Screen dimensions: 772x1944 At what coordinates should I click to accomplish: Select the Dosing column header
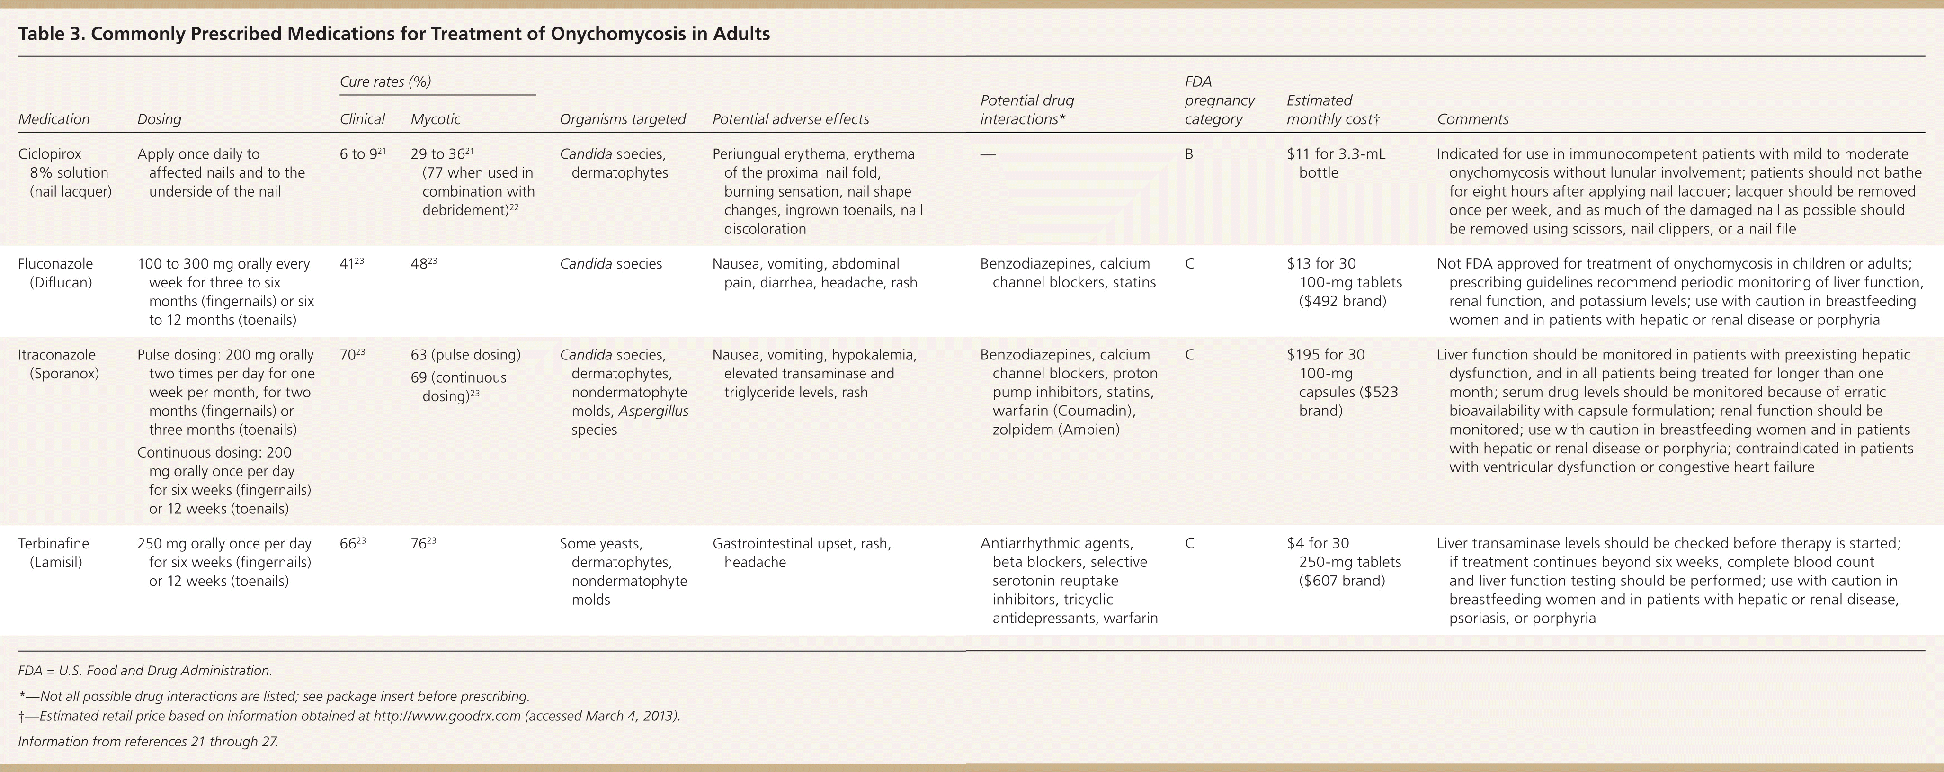(x=159, y=119)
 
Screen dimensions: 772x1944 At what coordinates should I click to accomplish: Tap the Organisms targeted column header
(x=623, y=119)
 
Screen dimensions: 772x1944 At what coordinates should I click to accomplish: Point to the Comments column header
(x=1472, y=119)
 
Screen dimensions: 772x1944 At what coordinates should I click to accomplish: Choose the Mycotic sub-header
(x=436, y=119)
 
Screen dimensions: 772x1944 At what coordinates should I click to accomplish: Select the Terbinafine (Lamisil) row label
(x=53, y=552)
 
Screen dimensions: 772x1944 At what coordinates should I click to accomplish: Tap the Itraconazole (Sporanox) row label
(x=59, y=364)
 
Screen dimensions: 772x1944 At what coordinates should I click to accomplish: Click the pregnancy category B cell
(x=1189, y=154)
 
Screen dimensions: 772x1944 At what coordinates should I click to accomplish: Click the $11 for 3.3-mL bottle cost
(x=1335, y=163)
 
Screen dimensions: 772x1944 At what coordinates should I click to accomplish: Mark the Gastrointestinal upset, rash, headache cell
(x=802, y=552)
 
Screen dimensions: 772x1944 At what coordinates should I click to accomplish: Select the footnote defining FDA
(x=145, y=671)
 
